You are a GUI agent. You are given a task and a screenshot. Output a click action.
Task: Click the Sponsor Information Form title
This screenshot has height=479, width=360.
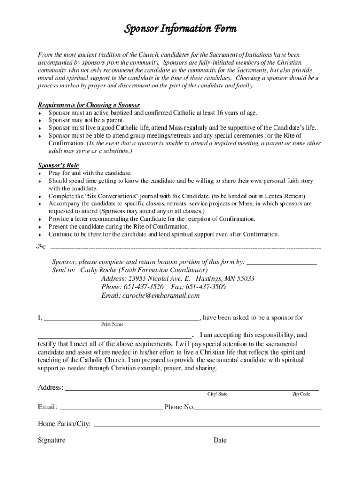(180, 29)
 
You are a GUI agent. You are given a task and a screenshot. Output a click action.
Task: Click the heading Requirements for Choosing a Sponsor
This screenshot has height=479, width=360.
(89, 105)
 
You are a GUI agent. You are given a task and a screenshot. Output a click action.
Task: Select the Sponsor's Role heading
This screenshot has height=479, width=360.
(58, 166)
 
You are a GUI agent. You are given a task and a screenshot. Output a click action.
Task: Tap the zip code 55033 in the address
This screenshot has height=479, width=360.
(244, 278)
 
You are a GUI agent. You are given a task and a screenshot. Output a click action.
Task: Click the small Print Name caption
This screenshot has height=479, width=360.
(112, 324)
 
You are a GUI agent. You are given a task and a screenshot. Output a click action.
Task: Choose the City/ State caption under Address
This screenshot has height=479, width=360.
(217, 394)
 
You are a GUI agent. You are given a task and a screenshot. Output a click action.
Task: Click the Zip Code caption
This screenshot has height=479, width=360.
(301, 394)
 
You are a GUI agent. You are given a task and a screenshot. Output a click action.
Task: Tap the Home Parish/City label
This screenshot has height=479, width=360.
(64, 424)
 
